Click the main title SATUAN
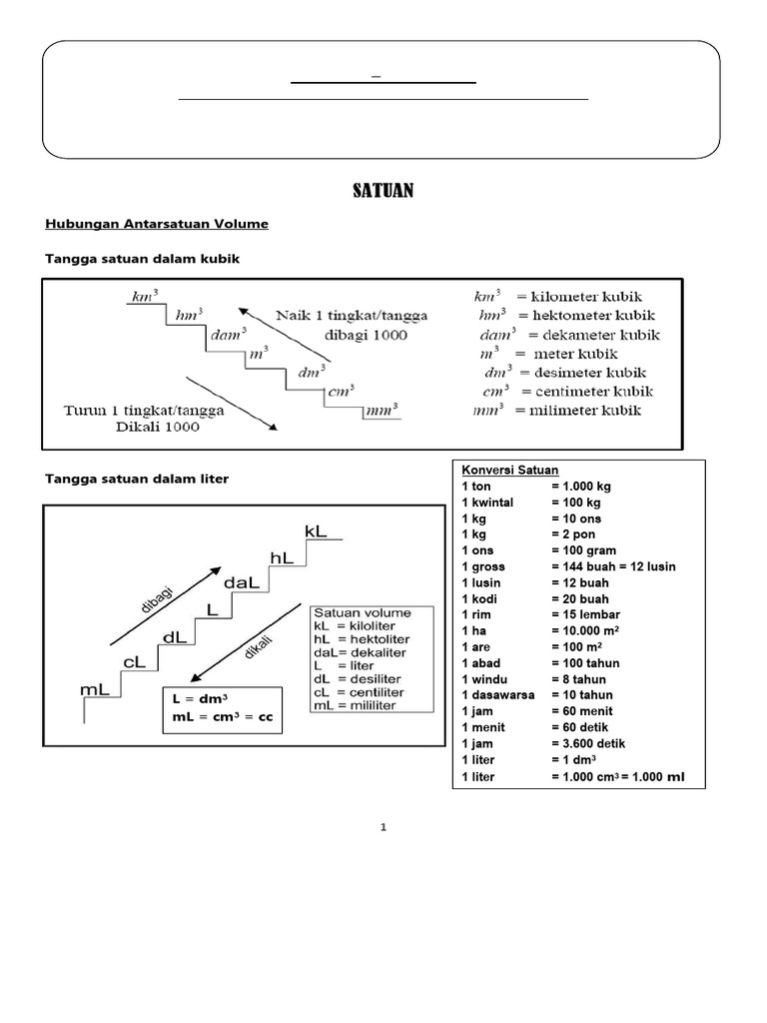click(383, 190)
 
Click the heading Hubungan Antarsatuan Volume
click(157, 224)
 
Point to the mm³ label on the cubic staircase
click(381, 409)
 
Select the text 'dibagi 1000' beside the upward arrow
click(364, 336)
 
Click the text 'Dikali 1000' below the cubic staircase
click(162, 427)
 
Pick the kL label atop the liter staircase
click(316, 532)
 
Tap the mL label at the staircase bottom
click(95, 689)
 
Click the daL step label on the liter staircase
click(243, 581)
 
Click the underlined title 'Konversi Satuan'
click(509, 471)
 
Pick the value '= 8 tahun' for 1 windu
click(584, 679)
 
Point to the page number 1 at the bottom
click(383, 828)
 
